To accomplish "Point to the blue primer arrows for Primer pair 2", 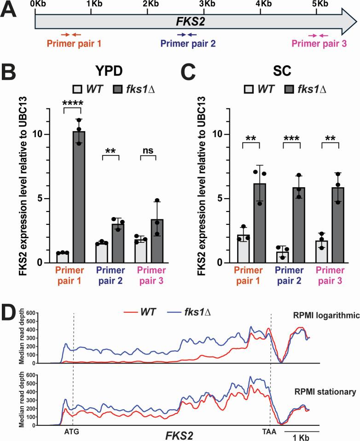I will (x=187, y=35).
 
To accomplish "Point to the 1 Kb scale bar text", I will (x=301, y=436).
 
